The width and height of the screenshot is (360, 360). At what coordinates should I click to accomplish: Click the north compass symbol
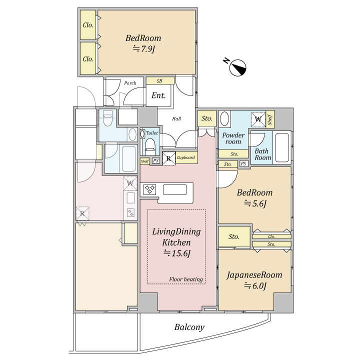237,67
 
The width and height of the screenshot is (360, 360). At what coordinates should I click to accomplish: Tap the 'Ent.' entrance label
158,95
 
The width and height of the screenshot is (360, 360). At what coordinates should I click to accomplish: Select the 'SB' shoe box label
159,81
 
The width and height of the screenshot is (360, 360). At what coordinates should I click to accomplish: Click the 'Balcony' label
189,327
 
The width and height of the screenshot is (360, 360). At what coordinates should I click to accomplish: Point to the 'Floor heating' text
186,279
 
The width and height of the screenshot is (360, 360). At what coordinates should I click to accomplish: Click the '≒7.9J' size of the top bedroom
144,49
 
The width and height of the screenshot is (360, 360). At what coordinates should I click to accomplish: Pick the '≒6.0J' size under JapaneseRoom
255,285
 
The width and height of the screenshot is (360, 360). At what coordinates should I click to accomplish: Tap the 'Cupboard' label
185,157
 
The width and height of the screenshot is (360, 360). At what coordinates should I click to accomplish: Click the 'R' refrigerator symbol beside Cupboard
169,158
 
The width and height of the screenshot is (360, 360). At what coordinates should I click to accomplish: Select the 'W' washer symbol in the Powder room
258,119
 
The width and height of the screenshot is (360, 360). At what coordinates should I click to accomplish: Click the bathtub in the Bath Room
282,147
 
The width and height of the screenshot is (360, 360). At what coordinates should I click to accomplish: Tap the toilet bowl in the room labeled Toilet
150,146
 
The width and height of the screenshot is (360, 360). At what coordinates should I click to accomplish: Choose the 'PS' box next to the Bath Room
243,163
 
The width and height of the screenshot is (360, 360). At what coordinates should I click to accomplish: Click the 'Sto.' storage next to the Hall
207,118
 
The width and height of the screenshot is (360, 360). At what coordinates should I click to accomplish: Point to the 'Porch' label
130,83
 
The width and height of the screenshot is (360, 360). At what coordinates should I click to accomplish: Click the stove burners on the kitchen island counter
149,189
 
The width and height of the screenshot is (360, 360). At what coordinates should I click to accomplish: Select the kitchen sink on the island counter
174,189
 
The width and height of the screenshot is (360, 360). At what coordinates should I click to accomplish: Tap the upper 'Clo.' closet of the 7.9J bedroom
88,25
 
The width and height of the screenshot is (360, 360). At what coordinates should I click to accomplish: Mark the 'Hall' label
176,118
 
